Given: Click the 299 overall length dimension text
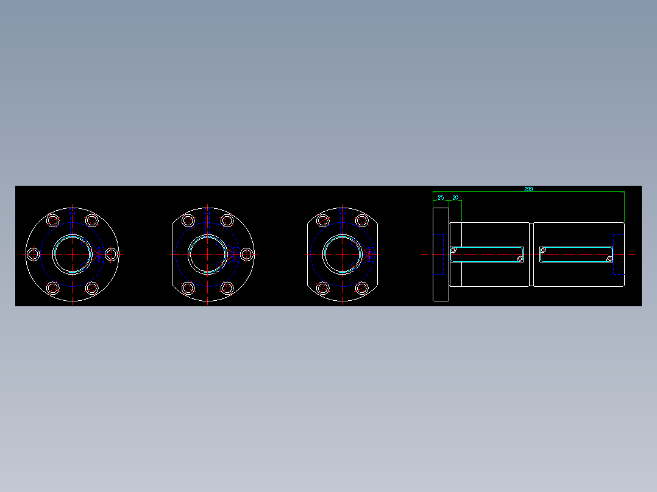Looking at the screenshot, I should coord(528,189).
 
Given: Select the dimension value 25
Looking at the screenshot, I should coord(441,198).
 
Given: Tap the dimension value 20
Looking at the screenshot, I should coord(455,198).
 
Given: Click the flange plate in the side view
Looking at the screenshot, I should coord(441,254).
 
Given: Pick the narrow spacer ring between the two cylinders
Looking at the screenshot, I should coord(531,254).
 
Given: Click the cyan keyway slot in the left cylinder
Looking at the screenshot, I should coord(487,254).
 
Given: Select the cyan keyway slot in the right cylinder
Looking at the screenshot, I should coord(576,254).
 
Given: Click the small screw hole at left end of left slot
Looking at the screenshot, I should coord(453,249).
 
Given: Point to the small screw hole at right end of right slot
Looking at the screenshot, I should coord(609,259).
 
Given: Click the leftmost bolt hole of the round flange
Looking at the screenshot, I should coord(34,254).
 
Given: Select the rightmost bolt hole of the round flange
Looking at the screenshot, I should coord(111,254).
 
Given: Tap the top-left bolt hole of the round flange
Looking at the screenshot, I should coord(53,220).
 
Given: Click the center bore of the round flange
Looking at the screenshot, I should coord(72,254).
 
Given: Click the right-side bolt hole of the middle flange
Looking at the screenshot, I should coord(246,254).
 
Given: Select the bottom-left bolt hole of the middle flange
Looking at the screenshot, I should coord(188,287).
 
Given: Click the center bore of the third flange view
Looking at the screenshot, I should coord(342,254).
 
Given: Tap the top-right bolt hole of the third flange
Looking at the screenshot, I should coord(361,220).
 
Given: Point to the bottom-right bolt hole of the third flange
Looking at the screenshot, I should coord(361,287).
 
